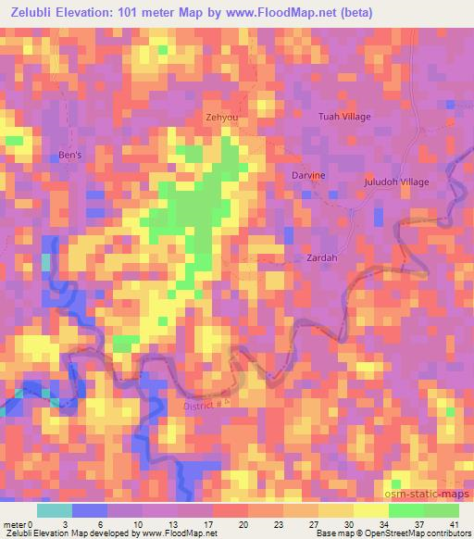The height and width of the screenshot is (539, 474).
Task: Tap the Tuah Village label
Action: pos(343,117)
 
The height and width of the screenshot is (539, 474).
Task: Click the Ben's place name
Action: pos(70,155)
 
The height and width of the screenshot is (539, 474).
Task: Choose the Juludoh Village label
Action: pos(396,182)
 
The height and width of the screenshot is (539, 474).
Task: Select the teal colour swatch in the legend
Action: pos(54,510)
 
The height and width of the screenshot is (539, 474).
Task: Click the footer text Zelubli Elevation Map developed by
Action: pos(70,533)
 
